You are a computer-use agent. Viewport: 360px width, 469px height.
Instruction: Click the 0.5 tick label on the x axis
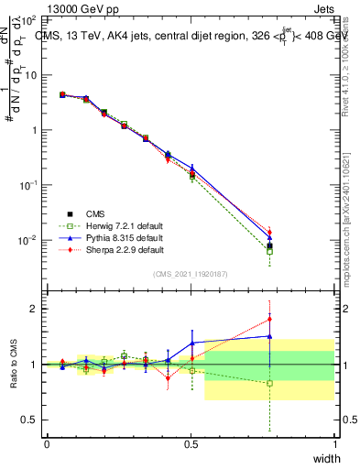(x=191, y=443)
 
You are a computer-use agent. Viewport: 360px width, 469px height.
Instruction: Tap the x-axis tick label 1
(x=334, y=443)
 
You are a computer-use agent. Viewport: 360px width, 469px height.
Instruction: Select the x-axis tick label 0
(x=47, y=443)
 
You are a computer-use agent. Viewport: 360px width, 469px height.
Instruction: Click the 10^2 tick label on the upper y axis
(x=28, y=19)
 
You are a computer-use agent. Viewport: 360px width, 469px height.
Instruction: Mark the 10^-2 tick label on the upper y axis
(x=28, y=240)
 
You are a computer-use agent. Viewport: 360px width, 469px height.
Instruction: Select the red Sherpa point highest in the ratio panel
(x=269, y=320)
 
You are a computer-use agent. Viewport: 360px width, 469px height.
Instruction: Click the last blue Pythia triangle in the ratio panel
(x=269, y=336)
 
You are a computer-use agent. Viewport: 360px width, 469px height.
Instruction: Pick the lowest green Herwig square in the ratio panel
(x=269, y=384)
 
